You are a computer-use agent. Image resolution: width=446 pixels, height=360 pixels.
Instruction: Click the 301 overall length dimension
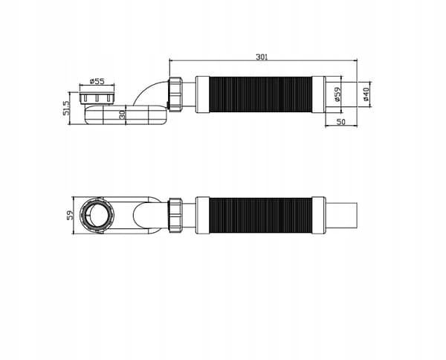click(262, 57)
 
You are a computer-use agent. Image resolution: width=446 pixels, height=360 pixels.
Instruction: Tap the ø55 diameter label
click(97, 81)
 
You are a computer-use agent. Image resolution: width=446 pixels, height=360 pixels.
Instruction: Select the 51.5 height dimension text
click(66, 108)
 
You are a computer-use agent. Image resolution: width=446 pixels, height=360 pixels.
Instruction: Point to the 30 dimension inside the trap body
click(123, 115)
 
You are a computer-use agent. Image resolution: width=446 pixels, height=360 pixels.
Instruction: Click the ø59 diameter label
click(337, 94)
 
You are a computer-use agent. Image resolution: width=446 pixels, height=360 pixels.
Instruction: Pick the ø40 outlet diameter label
click(366, 94)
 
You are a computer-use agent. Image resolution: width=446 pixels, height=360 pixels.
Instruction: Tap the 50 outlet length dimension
click(340, 122)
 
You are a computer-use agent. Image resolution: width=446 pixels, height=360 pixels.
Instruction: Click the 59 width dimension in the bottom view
click(70, 215)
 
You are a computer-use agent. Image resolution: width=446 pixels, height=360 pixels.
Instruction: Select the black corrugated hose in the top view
click(261, 94)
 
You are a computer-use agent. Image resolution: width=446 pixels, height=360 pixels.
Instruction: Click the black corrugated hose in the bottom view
click(261, 215)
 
